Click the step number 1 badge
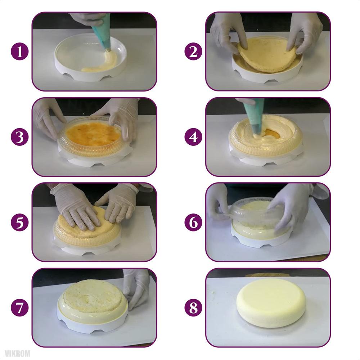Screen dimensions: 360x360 tap(19, 51)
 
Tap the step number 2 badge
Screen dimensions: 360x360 tap(193, 51)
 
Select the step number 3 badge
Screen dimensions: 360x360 tap(19, 137)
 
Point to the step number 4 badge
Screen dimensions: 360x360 tap(193, 137)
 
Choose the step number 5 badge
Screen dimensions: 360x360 tap(19, 222)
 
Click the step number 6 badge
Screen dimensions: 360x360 tap(193, 222)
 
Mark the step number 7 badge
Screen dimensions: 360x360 tap(19, 308)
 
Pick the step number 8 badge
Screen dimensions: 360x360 tap(193, 308)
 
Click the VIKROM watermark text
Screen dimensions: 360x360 tap(18, 354)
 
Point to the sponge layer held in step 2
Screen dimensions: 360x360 tap(268, 54)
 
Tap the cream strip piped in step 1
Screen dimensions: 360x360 tap(101, 65)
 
